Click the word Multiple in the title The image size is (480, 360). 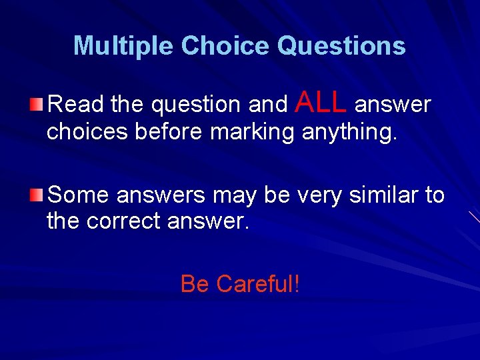[x=123, y=46]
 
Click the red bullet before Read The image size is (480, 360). [x=39, y=103]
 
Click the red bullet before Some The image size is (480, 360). [x=39, y=195]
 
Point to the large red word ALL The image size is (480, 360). [x=320, y=102]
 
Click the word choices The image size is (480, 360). [x=87, y=132]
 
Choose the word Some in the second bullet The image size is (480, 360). [x=78, y=195]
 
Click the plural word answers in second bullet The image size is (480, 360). [x=161, y=196]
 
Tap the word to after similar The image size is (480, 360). [x=435, y=195]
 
